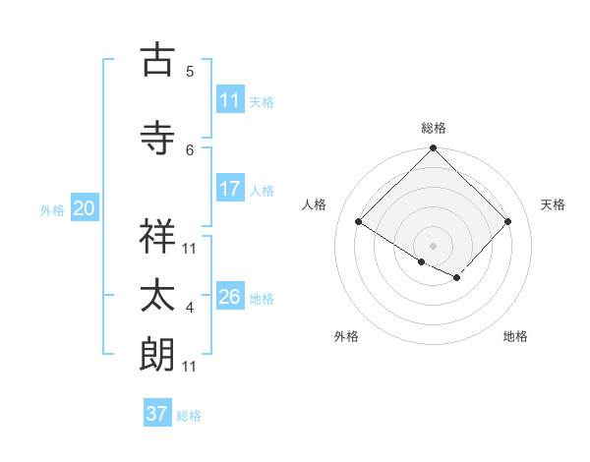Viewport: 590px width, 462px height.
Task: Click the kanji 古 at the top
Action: coord(157,61)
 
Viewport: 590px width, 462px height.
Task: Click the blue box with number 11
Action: coord(230,100)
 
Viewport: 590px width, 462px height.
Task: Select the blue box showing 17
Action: coord(230,189)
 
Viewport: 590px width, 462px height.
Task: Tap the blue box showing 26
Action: coord(230,297)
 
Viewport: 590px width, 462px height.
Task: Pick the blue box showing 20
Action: coord(85,208)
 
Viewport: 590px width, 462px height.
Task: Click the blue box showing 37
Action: coord(157,414)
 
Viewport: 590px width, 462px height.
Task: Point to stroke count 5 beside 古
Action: coord(190,72)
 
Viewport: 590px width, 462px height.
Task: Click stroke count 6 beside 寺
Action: coord(190,149)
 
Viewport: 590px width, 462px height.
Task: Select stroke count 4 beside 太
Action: coord(190,309)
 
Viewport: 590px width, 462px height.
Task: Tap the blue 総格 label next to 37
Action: coord(189,416)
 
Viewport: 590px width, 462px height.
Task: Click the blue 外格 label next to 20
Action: coord(52,209)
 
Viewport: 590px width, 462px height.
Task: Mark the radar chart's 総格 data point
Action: coord(433,148)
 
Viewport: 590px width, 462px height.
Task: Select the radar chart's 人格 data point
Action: coord(359,222)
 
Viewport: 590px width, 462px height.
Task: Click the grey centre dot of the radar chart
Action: coord(433,244)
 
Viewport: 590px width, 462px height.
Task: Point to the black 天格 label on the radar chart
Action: coord(553,204)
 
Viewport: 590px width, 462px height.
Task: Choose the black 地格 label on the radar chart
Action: coord(515,336)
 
